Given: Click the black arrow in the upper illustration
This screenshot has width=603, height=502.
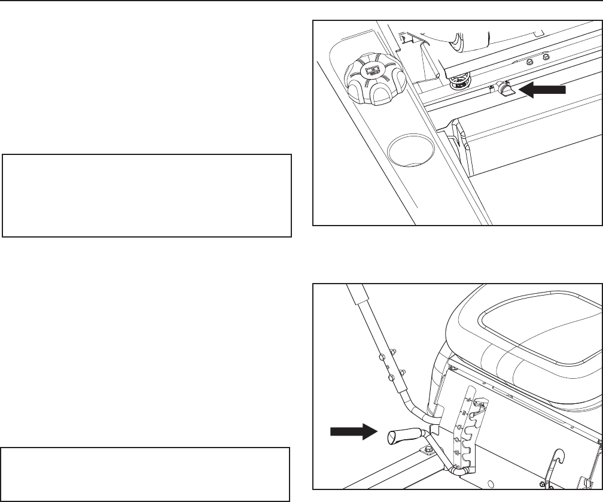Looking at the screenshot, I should coord(542,90).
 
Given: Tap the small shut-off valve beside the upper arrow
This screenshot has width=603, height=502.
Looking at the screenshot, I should coord(507,90).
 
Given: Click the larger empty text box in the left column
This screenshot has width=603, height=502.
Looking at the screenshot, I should coord(147,196).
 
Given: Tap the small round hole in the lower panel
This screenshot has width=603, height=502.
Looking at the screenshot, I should coord(491,484).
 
